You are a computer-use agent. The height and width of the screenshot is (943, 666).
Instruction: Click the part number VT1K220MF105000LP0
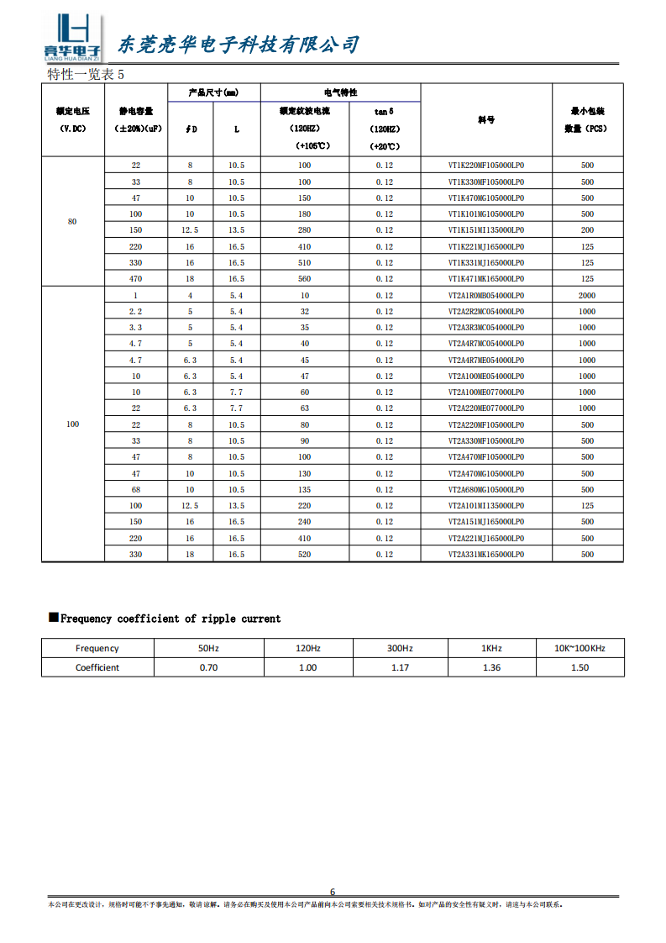click(x=486, y=166)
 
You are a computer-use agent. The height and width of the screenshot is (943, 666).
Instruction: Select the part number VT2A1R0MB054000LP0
click(x=486, y=296)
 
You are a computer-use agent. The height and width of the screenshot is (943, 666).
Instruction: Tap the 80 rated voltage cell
click(x=72, y=221)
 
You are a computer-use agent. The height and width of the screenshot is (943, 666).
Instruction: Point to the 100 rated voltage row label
click(x=72, y=424)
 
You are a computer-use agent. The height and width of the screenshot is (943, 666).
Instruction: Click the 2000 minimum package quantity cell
click(x=587, y=296)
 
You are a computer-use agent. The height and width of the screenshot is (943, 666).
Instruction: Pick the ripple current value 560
click(x=305, y=279)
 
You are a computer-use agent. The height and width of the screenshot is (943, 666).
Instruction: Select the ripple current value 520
click(x=305, y=555)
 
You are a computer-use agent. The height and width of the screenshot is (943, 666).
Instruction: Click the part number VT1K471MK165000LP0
click(x=486, y=279)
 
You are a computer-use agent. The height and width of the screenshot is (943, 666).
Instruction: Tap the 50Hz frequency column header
click(x=208, y=648)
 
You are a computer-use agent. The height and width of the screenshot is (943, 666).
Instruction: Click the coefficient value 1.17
click(x=401, y=667)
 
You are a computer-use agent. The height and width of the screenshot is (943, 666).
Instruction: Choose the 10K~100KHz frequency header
click(x=579, y=648)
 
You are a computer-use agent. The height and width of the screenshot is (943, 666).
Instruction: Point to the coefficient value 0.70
click(x=208, y=667)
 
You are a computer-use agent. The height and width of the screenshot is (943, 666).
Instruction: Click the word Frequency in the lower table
click(x=97, y=648)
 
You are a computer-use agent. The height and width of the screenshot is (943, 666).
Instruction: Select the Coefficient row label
click(x=97, y=667)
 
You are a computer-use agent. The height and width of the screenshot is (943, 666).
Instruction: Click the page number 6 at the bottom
click(x=333, y=892)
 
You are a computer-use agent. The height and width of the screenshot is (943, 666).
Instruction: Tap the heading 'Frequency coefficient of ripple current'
click(x=170, y=619)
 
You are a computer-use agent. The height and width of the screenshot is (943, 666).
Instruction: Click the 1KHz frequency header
click(x=491, y=648)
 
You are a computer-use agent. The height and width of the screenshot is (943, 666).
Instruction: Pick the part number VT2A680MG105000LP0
click(x=486, y=490)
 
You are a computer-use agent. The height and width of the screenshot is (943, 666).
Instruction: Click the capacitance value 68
click(x=136, y=490)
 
